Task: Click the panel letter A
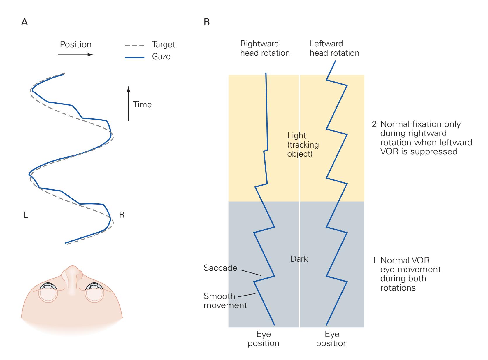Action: pyautogui.click(x=25, y=22)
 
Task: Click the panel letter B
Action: pyautogui.click(x=207, y=22)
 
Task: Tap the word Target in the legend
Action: pyautogui.click(x=163, y=45)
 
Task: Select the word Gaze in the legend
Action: pyautogui.click(x=161, y=56)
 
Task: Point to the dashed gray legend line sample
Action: pyautogui.click(x=134, y=46)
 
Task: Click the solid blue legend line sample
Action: pyautogui.click(x=134, y=57)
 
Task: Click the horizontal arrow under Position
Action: pyautogui.click(x=76, y=55)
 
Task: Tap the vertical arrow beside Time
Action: pyautogui.click(x=128, y=103)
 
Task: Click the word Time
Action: pyautogui.click(x=142, y=104)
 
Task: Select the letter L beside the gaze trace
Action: pyautogui.click(x=26, y=215)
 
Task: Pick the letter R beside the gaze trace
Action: pyautogui.click(x=122, y=215)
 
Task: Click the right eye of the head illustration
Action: pyautogui.click(x=94, y=291)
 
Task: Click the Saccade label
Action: pyautogui.click(x=220, y=268)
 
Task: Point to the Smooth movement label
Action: pyautogui.click(x=225, y=300)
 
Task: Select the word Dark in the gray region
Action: pyautogui.click(x=299, y=259)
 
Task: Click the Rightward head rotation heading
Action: pyautogui.click(x=265, y=48)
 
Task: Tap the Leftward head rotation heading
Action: pyautogui.click(x=334, y=48)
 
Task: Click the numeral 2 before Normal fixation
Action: pyautogui.click(x=374, y=124)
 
